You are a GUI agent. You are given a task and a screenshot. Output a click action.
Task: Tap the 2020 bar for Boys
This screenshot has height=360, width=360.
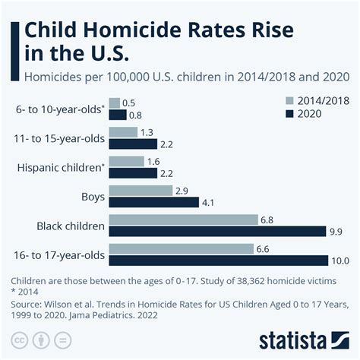pyautogui.click(x=154, y=203)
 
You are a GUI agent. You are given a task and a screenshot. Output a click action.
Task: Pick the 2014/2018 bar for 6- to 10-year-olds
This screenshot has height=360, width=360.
pyautogui.click(x=114, y=103)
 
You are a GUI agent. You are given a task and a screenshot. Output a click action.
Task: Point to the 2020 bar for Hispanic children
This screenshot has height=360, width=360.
pyautogui.click(x=133, y=173)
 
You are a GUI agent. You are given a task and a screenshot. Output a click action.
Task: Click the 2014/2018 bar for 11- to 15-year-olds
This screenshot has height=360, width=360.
pyautogui.click(x=123, y=132)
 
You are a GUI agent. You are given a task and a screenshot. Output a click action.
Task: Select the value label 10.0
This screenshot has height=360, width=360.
pyautogui.click(x=338, y=261)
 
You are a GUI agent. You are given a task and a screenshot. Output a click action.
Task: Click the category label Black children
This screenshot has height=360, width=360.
pyautogui.click(x=70, y=226)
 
